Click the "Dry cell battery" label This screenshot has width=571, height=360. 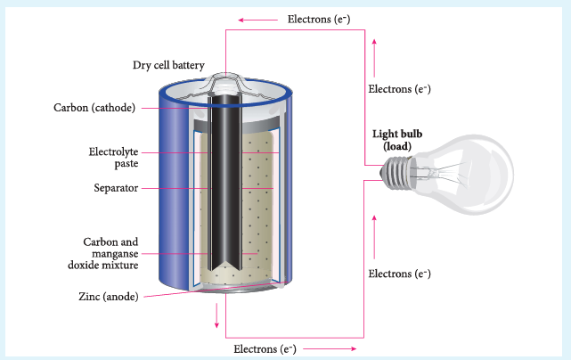click(168, 65)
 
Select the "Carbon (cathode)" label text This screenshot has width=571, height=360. click(94, 108)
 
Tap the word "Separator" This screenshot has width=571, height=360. click(116, 188)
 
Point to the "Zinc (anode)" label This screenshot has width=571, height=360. click(109, 297)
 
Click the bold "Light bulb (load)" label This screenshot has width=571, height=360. click(397, 140)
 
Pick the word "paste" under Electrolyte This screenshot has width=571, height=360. click(126, 164)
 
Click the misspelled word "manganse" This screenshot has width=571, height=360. click(115, 254)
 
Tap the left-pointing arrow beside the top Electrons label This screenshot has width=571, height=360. click(257, 20)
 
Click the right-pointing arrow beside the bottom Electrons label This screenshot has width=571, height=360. click(330, 348)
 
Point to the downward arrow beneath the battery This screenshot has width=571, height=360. click(216, 315)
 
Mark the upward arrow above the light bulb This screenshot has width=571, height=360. click(374, 58)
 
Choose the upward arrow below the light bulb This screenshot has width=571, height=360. click(374, 237)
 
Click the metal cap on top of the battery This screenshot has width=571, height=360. click(225, 84)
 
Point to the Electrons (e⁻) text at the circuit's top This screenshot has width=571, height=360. click(319, 20)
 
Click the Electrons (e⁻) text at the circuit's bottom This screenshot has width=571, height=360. click(265, 349)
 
